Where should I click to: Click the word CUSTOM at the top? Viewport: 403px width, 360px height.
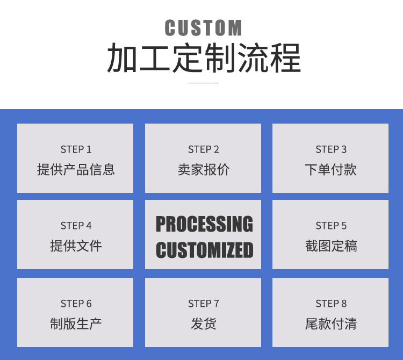203,28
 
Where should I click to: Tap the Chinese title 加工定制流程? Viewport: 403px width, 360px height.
204,59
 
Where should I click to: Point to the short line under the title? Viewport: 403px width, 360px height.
204,83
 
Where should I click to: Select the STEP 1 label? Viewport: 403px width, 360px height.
76,149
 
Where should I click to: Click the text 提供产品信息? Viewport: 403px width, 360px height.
76,170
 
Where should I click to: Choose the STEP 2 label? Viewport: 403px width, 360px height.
204,149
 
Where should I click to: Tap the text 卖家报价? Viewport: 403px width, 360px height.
204,170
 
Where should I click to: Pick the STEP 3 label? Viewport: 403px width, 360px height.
331,149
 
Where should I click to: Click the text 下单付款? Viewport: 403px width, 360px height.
331,170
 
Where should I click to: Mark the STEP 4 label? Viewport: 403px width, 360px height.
76,226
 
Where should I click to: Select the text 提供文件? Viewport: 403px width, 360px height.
76,246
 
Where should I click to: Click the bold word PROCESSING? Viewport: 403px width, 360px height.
204,224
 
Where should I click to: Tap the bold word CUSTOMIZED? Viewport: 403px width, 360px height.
204,250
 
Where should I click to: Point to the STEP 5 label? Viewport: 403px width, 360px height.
331,226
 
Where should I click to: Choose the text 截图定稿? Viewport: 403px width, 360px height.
331,246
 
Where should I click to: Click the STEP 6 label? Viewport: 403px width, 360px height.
76,304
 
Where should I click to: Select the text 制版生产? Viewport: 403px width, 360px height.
76,324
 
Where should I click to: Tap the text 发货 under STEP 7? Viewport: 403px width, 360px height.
204,324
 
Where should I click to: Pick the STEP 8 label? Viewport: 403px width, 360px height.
331,304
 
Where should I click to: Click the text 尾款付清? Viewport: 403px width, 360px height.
331,324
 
